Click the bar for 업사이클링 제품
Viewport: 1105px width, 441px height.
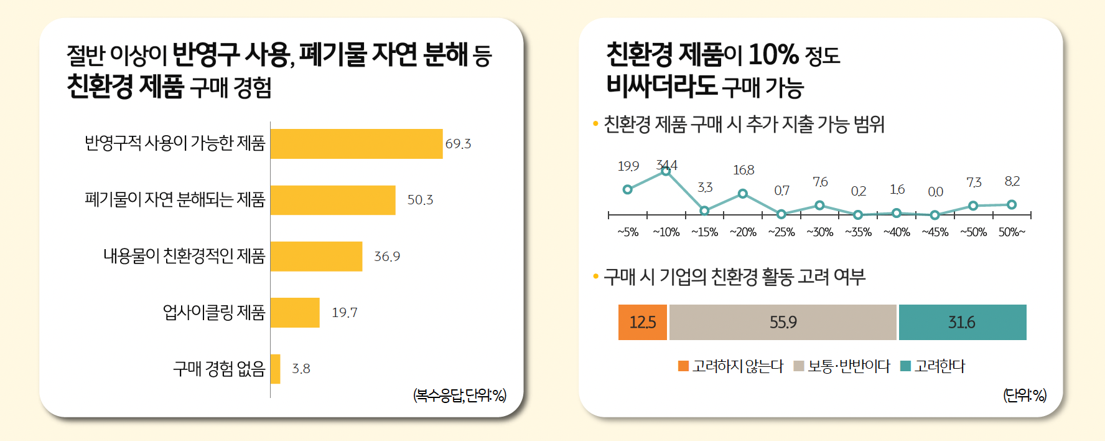coord(295,313)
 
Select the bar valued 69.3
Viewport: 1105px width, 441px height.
coord(357,144)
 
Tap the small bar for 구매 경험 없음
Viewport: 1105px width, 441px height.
coord(276,369)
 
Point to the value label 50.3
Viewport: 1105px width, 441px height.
coord(420,200)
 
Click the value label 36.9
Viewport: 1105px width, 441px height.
coord(387,257)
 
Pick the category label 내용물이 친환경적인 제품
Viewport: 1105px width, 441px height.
coord(184,256)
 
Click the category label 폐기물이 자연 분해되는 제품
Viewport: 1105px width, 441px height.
coord(175,200)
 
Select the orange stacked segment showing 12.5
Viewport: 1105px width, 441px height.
coord(643,322)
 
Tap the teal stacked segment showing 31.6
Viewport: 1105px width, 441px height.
coord(963,322)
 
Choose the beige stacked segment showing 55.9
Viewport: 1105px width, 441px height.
coord(783,322)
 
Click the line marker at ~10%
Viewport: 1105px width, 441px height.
coord(666,171)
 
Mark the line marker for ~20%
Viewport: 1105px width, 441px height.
coord(743,194)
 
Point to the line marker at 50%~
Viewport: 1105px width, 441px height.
coord(1012,204)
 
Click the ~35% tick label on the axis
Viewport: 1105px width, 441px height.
coord(858,232)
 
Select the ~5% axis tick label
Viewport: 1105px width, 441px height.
coord(628,232)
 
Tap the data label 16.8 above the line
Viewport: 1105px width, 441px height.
coord(744,170)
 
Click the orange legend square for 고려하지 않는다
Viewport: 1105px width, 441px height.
coord(683,366)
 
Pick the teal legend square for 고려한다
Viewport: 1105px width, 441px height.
coord(906,366)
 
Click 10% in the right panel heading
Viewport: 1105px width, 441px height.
coord(773,55)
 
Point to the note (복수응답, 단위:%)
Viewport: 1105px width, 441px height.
coord(460,395)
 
